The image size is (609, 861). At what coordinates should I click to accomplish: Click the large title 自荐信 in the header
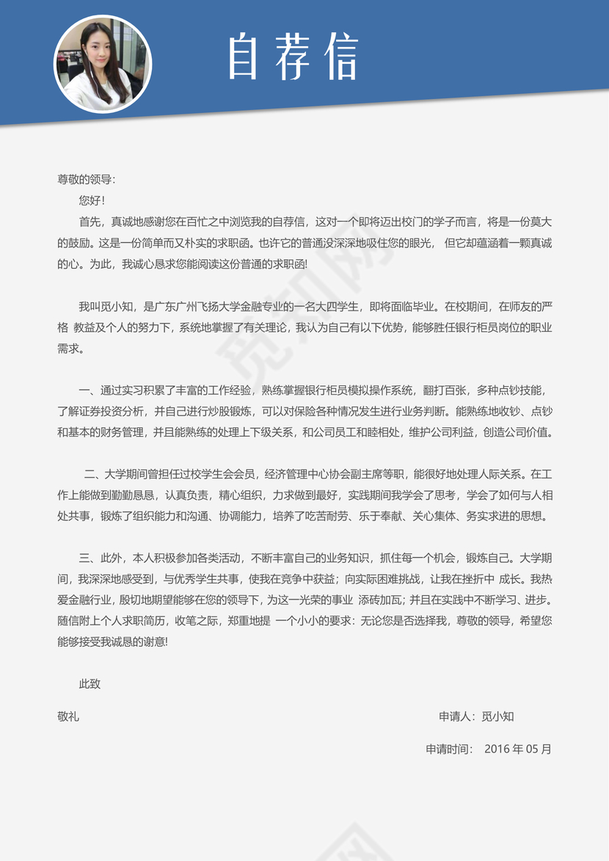[293, 57]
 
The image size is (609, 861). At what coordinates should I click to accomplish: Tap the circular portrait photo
[103, 64]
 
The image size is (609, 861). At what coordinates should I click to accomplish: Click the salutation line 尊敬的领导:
[86, 180]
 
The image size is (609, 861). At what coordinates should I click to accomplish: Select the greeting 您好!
[92, 200]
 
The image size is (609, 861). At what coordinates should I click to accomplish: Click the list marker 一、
[89, 390]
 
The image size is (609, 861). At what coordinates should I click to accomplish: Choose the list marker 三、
[89, 558]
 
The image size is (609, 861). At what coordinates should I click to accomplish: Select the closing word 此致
[90, 684]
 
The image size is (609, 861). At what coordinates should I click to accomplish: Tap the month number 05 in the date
[533, 750]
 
